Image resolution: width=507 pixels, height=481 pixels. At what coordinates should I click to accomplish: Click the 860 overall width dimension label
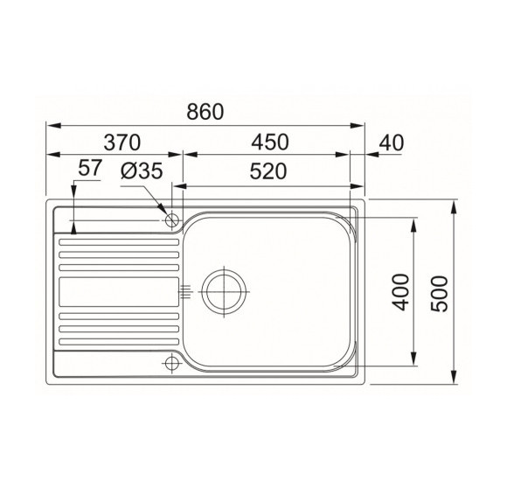tap(205, 112)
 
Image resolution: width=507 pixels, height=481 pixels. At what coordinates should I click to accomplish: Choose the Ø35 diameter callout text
tap(142, 171)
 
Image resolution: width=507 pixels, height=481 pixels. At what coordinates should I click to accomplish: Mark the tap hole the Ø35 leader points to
tap(172, 220)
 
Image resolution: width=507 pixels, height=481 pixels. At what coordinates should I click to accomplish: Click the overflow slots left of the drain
tap(184, 291)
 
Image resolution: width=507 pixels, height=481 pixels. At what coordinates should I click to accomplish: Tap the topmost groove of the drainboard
tap(118, 238)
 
